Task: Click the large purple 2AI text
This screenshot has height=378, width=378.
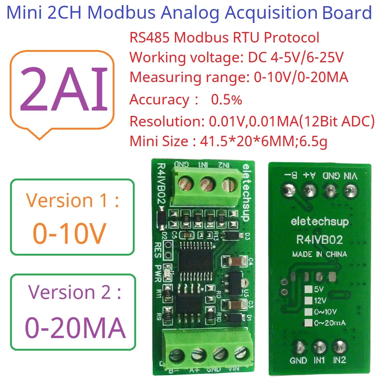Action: point(64,89)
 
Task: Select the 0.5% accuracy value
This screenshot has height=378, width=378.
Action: point(226,100)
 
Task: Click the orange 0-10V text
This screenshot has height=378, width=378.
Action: point(69,233)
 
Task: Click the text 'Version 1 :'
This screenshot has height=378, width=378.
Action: point(72,200)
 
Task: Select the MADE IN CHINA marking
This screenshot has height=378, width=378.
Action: point(319,254)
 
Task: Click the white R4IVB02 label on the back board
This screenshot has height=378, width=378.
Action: point(319,239)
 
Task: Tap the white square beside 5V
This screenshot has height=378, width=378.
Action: point(308,289)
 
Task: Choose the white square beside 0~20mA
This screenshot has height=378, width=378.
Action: point(308,323)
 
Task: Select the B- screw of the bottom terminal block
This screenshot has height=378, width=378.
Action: point(176,354)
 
